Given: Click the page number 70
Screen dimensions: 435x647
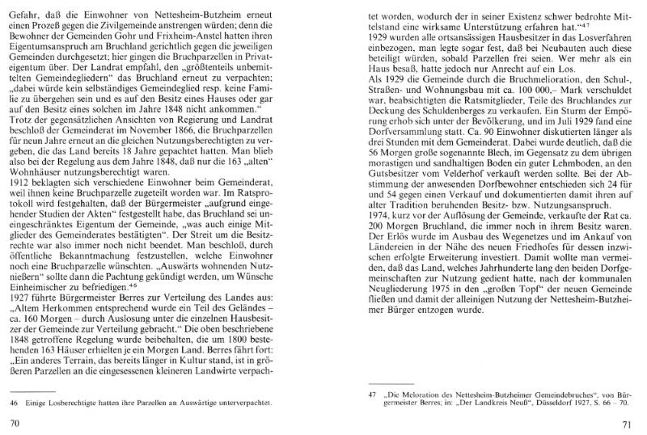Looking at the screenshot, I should tap(14, 422).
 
